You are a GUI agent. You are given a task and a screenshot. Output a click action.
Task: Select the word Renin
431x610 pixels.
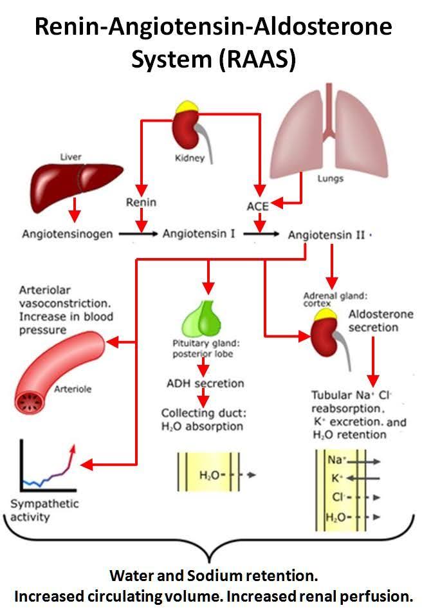tap(140, 203)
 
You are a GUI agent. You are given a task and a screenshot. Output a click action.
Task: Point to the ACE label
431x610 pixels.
tap(257, 206)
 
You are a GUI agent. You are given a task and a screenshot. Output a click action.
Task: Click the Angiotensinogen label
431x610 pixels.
tap(68, 234)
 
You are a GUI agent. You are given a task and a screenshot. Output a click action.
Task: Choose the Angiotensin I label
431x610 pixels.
tap(197, 234)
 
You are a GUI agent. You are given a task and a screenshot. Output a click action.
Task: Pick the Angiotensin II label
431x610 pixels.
tap(326, 235)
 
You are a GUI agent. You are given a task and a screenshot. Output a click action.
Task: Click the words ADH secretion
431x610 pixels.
tap(205, 384)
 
